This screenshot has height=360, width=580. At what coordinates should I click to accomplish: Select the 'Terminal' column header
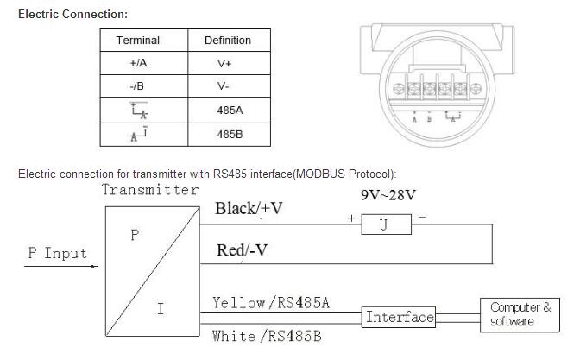point(138,41)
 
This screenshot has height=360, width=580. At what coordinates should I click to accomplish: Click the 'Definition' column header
point(227,41)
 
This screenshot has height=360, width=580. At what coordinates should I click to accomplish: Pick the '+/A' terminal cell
point(138,64)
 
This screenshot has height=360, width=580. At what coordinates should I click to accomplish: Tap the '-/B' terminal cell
point(138,87)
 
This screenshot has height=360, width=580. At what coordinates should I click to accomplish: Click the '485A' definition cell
point(228,111)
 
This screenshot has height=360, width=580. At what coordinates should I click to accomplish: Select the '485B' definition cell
point(228,135)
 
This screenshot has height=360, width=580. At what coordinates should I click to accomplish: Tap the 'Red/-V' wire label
point(241,250)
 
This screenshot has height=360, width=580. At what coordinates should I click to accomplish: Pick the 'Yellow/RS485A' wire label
point(271,302)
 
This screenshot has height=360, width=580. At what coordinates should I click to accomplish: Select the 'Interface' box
point(399,317)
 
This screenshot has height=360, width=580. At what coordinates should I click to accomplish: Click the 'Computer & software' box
point(520,314)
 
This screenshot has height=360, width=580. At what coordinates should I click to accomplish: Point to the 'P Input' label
point(57,253)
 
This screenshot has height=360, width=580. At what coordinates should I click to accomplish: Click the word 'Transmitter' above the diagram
point(150,190)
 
